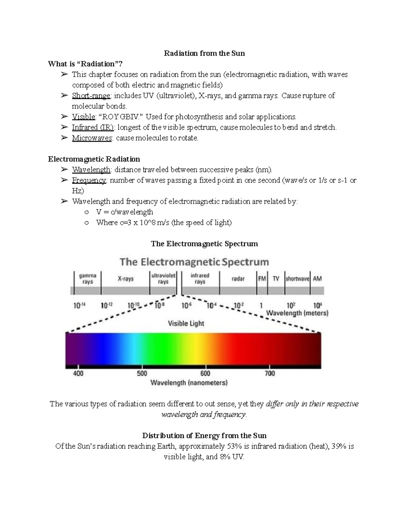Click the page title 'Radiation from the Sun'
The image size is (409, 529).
[x=204, y=53]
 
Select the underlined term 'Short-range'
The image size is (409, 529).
[x=91, y=96]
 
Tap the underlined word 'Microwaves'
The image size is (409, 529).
[x=92, y=138]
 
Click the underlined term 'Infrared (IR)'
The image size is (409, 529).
[x=93, y=127]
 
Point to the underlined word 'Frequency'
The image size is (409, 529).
[x=89, y=180]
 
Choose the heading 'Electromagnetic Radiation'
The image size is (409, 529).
[x=94, y=159]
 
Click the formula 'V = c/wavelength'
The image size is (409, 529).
[x=124, y=212]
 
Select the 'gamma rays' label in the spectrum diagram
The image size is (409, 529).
[x=88, y=279]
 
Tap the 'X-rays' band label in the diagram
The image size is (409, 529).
[x=125, y=279]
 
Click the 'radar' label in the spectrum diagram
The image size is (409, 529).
[x=238, y=279]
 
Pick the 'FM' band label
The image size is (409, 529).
[x=262, y=279]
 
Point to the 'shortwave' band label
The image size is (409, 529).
[x=297, y=279]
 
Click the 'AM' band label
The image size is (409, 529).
[x=317, y=279]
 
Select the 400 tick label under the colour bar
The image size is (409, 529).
[x=78, y=373]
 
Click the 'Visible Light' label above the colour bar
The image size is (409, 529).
[x=186, y=323]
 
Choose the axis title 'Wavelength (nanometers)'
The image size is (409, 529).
[x=189, y=383]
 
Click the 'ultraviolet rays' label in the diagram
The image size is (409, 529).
[x=163, y=279]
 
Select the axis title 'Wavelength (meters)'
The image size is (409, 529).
[x=297, y=313]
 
